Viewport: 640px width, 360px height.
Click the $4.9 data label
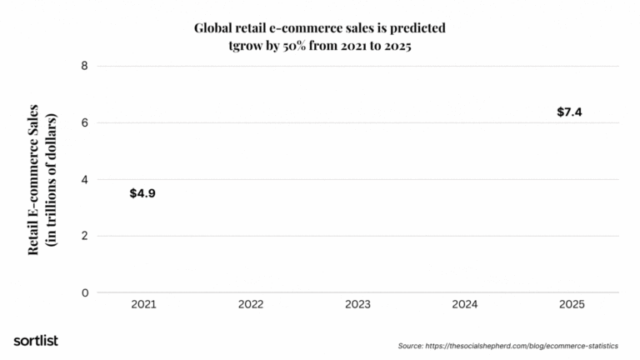tap(142, 193)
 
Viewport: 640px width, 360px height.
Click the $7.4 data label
tap(569, 112)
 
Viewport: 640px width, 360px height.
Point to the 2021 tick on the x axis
tap(143, 305)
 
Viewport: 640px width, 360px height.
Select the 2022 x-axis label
tap(250, 305)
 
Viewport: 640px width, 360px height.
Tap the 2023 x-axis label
tap(357, 305)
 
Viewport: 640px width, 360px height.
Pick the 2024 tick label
tap(464, 305)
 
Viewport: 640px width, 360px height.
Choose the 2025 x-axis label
tap(571, 305)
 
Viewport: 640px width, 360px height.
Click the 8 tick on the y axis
tap(84, 66)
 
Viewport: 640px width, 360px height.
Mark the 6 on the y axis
tap(84, 122)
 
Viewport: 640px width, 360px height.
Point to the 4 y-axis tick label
tap(84, 179)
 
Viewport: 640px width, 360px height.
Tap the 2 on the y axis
tap(84, 236)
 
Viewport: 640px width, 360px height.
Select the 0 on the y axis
tap(84, 292)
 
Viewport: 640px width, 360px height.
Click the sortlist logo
tap(36, 340)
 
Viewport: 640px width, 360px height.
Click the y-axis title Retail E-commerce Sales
tap(34, 179)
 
